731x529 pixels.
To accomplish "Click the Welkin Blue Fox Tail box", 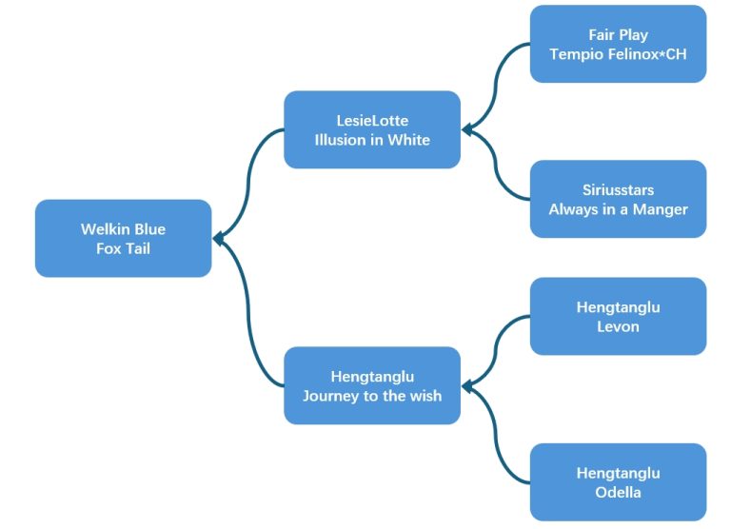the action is coord(123,238).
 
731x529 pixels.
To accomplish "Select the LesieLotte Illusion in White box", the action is coord(372,129).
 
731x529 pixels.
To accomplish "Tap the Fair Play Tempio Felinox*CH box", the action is coord(618,44).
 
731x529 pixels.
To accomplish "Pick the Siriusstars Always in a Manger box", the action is coord(618,199).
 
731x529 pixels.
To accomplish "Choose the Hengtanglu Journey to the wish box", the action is coord(372,385).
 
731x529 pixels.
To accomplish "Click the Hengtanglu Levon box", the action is coord(618,317).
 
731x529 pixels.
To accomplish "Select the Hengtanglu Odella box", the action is coord(618,482).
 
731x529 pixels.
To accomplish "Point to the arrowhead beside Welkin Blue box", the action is coord(218,239).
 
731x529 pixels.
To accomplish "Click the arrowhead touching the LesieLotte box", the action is coord(467,129).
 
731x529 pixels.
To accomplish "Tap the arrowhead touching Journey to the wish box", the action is coord(467,386).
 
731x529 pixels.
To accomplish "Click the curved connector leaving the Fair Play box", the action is coord(496,88).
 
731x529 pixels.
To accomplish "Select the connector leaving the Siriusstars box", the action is coord(496,165).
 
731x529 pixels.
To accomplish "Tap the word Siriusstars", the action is coord(618,189).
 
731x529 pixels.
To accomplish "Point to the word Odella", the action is coord(618,492).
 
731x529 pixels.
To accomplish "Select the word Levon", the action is coord(618,326).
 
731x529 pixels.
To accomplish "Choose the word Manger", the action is coord(661,209).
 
